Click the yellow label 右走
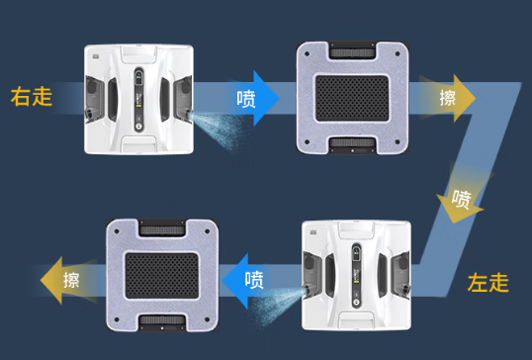32,97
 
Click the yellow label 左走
488,283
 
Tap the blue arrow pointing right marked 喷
254,98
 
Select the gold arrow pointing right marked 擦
447,98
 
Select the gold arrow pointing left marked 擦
68,280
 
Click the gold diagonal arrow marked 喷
463,197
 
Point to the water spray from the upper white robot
218,129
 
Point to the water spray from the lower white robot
277,303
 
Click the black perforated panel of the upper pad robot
352,98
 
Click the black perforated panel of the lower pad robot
162,276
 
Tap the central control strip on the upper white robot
138,99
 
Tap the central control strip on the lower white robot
356,276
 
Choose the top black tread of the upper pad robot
352,50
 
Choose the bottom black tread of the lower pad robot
162,321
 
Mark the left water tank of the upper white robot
95,98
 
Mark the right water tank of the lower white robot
400,276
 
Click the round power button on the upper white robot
138,127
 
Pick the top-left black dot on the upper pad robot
307,53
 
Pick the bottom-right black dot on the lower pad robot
207,319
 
